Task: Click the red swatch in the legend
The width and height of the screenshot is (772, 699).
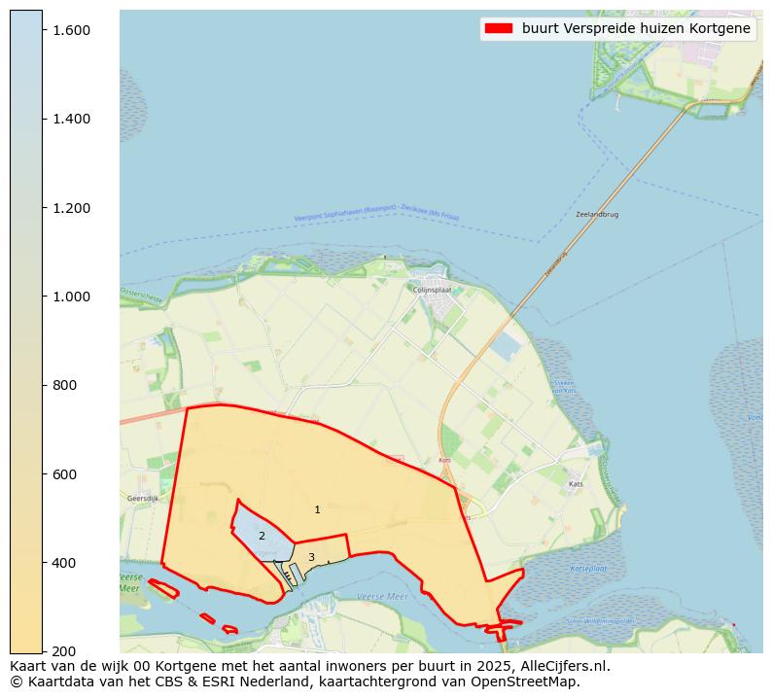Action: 499,28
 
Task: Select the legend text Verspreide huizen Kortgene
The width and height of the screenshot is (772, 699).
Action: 636,28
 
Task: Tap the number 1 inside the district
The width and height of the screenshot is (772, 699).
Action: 317,509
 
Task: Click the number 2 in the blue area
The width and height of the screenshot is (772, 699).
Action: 262,536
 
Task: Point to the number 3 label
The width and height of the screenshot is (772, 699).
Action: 311,557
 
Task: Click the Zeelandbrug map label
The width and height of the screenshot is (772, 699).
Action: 596,214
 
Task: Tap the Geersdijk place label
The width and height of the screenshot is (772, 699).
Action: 143,498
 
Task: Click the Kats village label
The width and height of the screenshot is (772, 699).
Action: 576,483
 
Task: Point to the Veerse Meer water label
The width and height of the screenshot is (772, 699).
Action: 382,596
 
